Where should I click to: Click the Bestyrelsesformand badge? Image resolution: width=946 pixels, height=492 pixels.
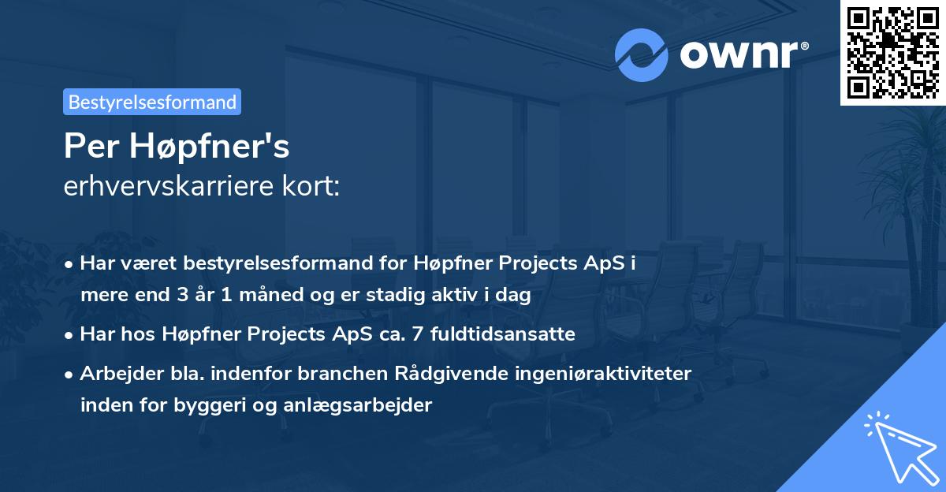tap(152, 102)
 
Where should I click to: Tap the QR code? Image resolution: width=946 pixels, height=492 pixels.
tap(892, 52)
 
